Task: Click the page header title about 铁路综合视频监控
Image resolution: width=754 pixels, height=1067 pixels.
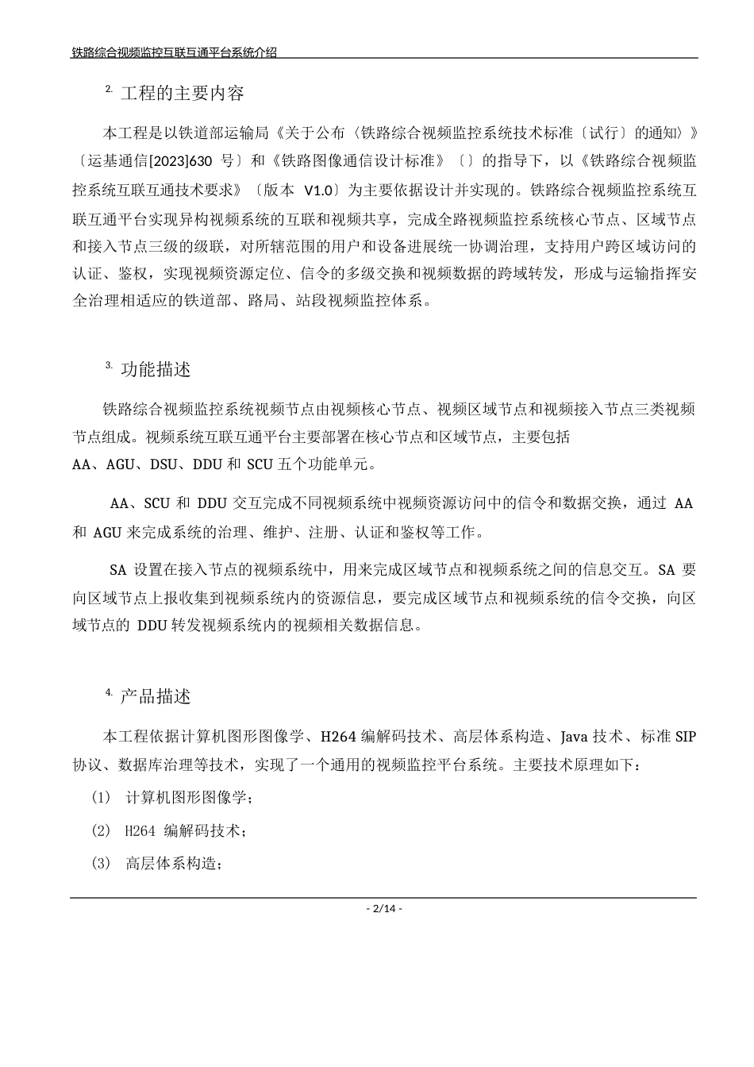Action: coord(174,52)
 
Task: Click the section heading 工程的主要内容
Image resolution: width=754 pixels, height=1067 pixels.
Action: coord(182,94)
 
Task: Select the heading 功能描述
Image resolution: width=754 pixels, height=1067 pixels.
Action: coord(156,370)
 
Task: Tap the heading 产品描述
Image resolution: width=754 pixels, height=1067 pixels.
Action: coord(156,697)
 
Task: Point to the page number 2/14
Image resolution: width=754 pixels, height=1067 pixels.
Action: coord(383,908)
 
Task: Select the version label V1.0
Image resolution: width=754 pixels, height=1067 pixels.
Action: coord(317,190)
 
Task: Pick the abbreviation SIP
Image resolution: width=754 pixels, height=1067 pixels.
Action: coord(685,737)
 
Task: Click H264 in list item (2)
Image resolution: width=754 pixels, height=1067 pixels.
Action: coord(140,831)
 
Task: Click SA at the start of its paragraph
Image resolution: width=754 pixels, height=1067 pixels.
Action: coord(117,570)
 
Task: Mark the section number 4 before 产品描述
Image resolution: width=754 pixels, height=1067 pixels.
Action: coord(108,693)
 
